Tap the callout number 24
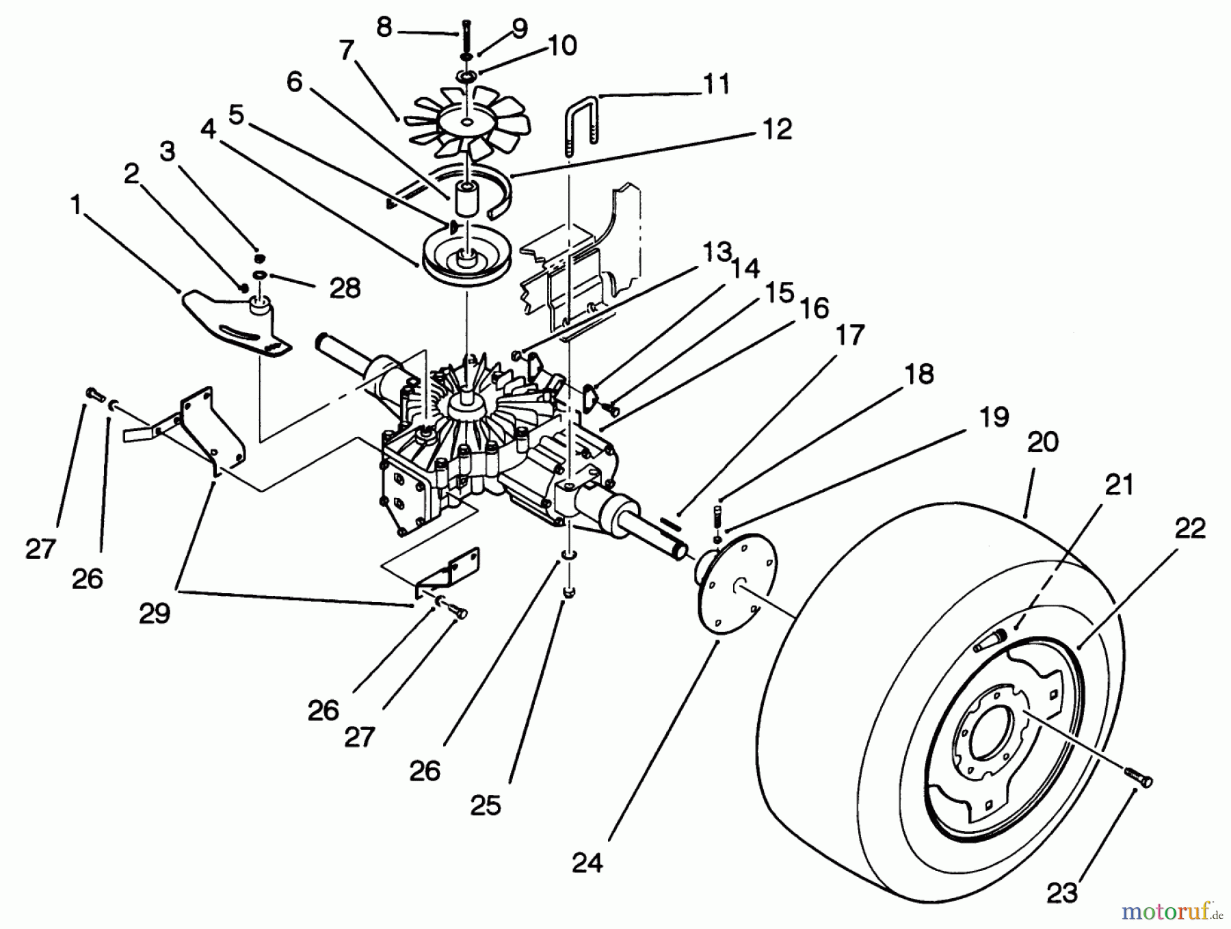pos(587,863)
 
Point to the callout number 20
pos(1043,442)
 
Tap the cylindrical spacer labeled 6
pos(467,199)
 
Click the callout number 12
pos(776,129)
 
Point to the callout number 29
pos(155,614)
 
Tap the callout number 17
pos(850,335)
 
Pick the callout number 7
pos(347,51)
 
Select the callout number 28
pos(345,288)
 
